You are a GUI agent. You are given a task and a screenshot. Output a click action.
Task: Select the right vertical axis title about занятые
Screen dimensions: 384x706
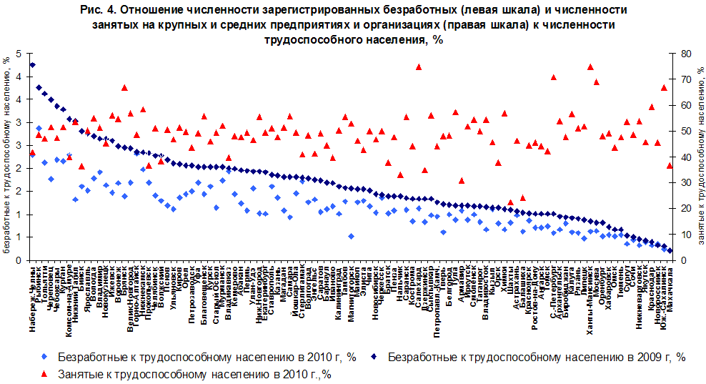(x=700, y=157)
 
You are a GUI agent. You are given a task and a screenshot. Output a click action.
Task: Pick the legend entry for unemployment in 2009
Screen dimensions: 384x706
(x=529, y=357)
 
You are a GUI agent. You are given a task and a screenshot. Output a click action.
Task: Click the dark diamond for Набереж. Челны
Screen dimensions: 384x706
(x=32, y=65)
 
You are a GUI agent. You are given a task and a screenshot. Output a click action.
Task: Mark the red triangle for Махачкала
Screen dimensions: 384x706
(x=670, y=165)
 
